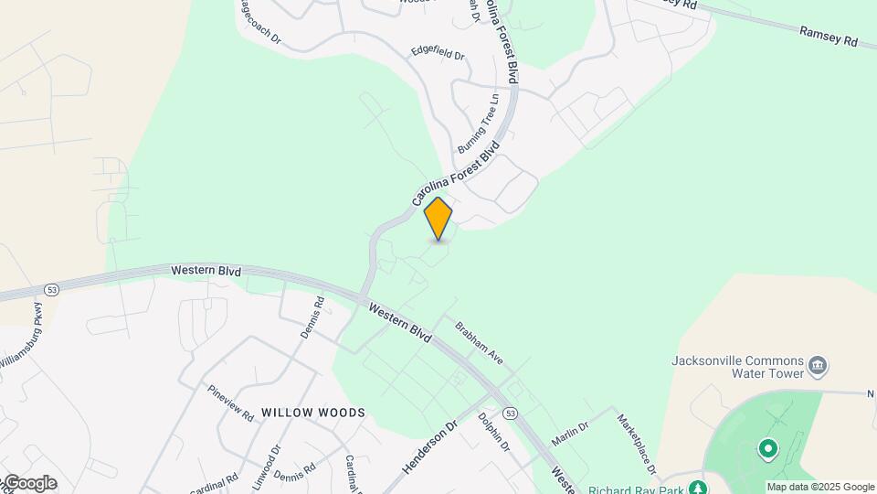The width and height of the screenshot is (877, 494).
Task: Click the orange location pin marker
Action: click(x=438, y=219)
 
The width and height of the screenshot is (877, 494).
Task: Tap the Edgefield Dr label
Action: click(x=438, y=54)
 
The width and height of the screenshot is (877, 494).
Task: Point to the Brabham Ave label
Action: click(x=479, y=343)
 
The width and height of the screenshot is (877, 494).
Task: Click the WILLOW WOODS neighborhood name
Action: click(x=313, y=413)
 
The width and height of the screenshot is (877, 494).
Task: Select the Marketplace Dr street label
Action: click(x=637, y=445)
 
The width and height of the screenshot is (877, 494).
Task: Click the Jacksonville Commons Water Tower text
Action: click(x=737, y=366)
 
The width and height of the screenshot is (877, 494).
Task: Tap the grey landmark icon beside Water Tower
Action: click(x=819, y=367)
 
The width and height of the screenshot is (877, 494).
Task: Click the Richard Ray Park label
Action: click(x=637, y=488)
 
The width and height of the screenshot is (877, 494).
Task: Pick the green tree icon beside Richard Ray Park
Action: click(x=698, y=487)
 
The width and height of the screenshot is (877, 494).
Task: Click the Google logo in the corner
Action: click(x=29, y=483)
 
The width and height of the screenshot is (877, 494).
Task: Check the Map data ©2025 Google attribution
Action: click(x=820, y=487)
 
